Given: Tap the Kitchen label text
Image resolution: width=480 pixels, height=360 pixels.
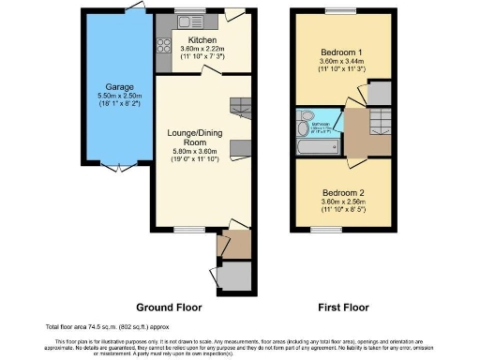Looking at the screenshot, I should coord(202,41).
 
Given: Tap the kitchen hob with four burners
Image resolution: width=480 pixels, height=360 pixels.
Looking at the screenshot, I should coord(161,42).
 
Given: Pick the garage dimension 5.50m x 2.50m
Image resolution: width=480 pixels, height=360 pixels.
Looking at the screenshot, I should coord(118,95).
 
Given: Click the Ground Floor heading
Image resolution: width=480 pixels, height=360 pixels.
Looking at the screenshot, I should coord(169,307).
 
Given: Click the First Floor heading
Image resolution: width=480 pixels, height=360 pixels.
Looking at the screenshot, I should coord(342,307).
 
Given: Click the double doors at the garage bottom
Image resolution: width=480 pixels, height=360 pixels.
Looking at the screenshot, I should coord(117,167).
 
